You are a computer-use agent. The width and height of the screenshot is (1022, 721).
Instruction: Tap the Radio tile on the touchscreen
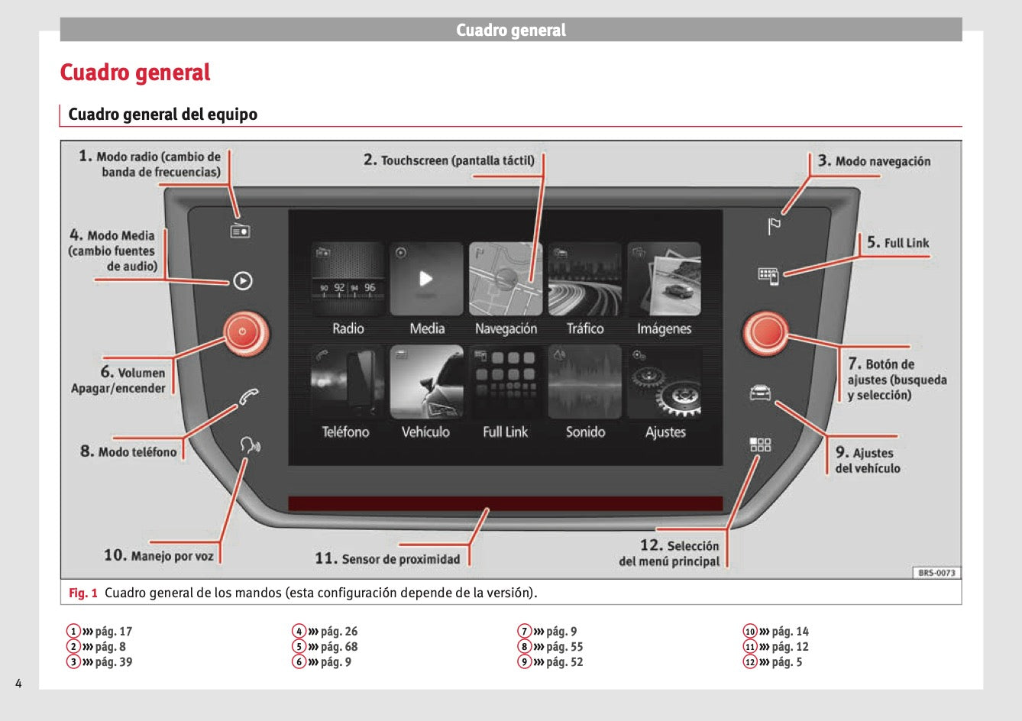coord(348,280)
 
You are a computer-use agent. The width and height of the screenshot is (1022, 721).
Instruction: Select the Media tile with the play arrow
coord(426,280)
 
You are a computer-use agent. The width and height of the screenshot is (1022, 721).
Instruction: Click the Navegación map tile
coord(506,280)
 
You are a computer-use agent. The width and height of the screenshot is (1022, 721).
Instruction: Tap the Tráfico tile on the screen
coord(584,280)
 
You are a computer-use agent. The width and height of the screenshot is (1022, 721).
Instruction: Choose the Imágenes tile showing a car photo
coord(664,280)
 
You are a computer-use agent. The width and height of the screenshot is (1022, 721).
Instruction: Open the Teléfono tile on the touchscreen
coord(348,382)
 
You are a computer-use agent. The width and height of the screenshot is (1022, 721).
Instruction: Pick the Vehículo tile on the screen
coord(426,382)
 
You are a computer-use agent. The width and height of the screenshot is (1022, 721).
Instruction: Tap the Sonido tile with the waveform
coord(584,382)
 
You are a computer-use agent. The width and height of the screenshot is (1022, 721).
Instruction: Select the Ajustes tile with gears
coord(664,382)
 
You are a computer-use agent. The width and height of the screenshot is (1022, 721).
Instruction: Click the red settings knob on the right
coord(765,333)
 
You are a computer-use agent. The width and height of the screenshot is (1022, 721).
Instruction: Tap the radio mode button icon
coord(241,231)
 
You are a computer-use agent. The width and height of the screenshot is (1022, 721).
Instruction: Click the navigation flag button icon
coord(774,226)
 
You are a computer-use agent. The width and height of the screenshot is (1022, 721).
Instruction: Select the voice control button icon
coord(249,445)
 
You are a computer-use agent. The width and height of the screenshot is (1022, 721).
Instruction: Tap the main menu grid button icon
coord(760,445)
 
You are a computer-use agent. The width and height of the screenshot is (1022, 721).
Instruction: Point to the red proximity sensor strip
coord(505,503)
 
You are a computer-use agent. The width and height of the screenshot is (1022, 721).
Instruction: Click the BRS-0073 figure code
coord(936,573)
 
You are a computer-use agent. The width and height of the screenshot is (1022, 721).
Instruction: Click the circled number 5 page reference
coord(299,647)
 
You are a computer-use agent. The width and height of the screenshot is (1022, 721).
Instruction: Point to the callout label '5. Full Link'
coord(898,243)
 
